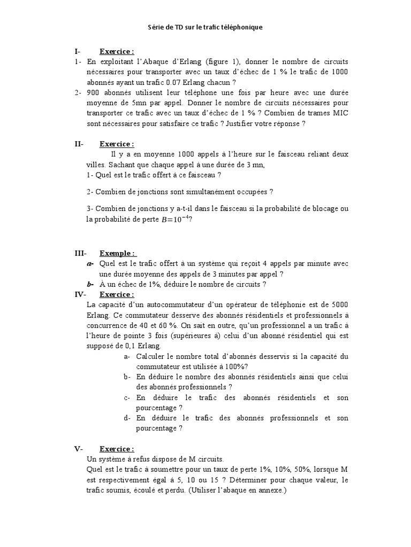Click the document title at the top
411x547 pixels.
coord(205,27)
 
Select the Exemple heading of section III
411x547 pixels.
coord(118,253)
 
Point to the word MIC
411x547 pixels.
coord(338,113)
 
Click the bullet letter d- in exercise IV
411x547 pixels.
coord(127,418)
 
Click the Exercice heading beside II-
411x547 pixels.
coord(117,144)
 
